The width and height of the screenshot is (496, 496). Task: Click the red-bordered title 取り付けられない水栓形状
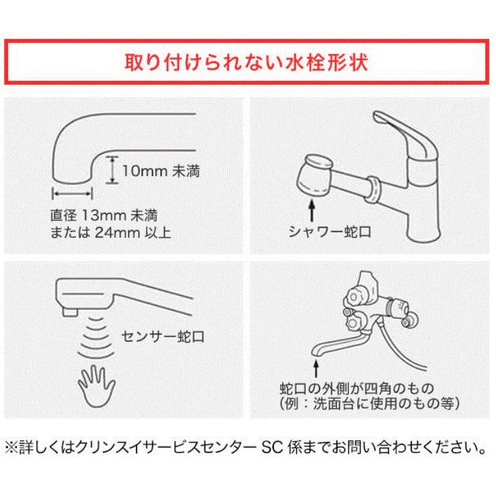coord(247,62)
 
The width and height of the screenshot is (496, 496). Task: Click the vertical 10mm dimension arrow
coord(112,170)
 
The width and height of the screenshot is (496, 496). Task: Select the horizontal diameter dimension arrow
coord(72,192)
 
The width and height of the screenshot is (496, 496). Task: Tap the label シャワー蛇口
coord(330,232)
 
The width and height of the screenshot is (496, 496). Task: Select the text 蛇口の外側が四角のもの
coord(355,389)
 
